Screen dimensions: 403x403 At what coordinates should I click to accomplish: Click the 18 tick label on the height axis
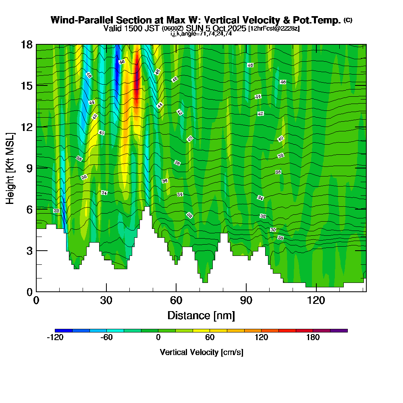[27, 44]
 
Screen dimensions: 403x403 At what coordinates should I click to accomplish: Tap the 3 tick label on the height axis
[29, 251]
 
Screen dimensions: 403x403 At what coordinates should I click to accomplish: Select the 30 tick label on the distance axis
[106, 301]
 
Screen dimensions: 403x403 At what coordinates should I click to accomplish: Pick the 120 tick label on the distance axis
[316, 301]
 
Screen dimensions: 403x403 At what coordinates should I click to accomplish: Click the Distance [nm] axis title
[201, 315]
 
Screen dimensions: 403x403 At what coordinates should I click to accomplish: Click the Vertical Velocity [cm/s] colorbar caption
[201, 352]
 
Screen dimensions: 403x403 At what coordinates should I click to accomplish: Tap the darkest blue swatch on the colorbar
[64, 330]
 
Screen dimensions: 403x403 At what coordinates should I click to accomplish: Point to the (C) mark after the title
[348, 20]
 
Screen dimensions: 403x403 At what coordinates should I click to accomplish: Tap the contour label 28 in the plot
[281, 238]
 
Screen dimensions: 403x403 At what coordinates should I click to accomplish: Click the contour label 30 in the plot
[273, 230]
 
